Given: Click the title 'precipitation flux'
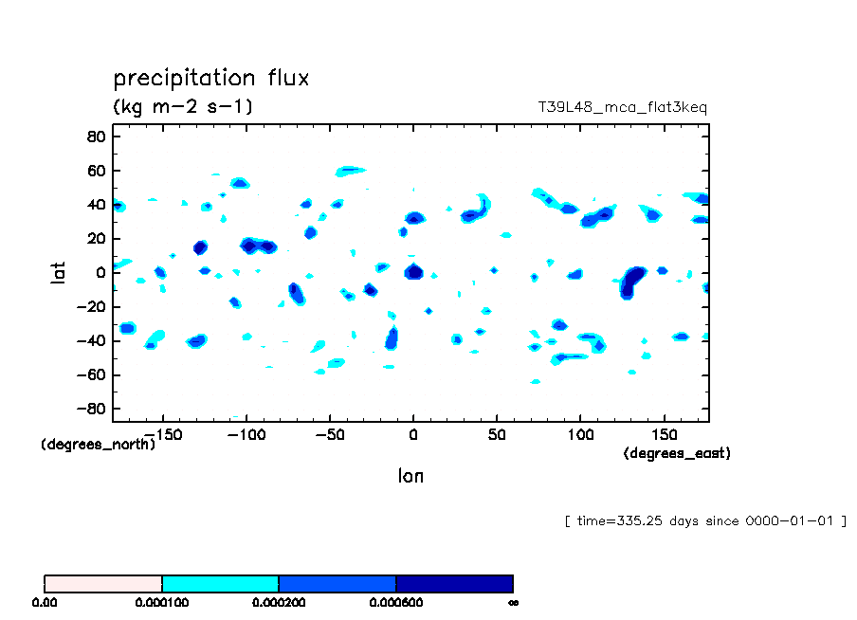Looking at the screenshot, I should [x=210, y=78].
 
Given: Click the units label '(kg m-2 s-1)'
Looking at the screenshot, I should [x=182, y=106].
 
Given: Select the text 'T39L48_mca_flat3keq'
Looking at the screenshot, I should [x=622, y=107].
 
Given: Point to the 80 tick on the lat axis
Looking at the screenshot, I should [x=96, y=137].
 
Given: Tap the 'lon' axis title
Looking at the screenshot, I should [x=410, y=476].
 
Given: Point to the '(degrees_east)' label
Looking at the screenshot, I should [x=677, y=454].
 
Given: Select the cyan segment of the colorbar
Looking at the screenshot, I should [x=220, y=584].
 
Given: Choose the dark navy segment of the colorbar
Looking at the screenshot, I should [x=454, y=584].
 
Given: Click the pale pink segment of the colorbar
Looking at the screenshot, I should [x=103, y=584].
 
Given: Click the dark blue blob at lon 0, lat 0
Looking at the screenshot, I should [x=413, y=272].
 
